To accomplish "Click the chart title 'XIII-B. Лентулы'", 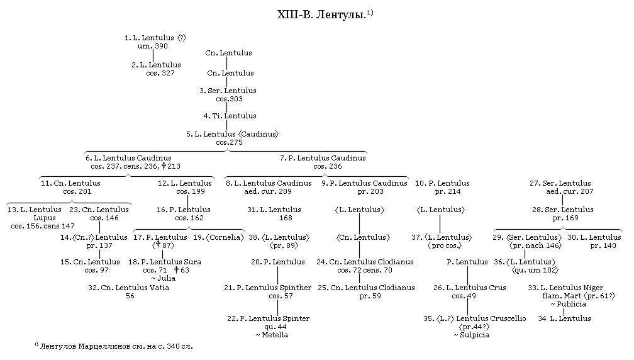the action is (x=321, y=15).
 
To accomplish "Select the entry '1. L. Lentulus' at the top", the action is (x=149, y=38).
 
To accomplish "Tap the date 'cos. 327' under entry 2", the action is (x=160, y=73).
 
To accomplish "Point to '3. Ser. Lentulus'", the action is (x=228, y=91).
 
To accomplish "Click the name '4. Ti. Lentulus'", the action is (x=230, y=116).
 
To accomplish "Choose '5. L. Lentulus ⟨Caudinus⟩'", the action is (x=233, y=134).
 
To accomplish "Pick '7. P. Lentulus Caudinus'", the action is (x=323, y=158).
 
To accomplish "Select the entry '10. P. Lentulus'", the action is (x=442, y=183).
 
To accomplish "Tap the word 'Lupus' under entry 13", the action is (x=45, y=218).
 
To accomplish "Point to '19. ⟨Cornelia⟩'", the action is (x=219, y=237).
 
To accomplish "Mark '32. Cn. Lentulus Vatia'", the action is (x=128, y=288).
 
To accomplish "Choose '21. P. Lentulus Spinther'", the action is (x=268, y=288).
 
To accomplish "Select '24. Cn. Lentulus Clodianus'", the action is (x=365, y=262).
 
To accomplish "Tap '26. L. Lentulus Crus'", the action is (x=470, y=288).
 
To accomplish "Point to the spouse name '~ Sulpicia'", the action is (x=472, y=335).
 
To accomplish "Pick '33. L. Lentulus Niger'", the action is (x=565, y=288).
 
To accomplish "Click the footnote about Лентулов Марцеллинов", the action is (x=114, y=346).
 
